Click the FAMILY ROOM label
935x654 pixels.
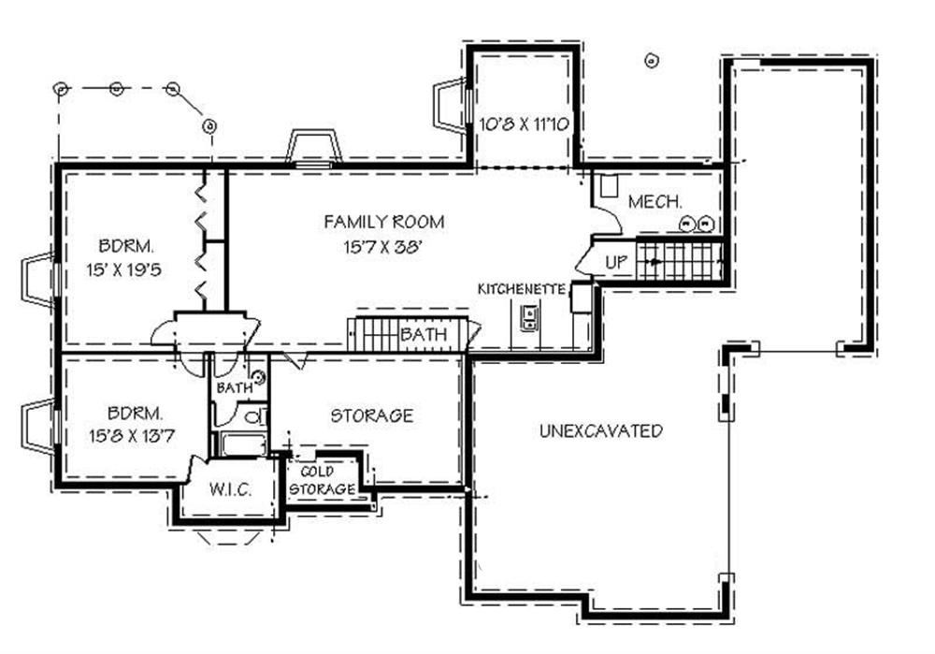383,222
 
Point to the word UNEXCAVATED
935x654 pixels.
600,431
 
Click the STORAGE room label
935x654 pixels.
371,414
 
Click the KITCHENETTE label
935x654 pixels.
522,288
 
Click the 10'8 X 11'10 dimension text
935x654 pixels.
525,123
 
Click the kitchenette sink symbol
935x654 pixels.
528,323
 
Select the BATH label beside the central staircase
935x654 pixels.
423,335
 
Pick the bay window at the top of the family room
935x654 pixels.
313,148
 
